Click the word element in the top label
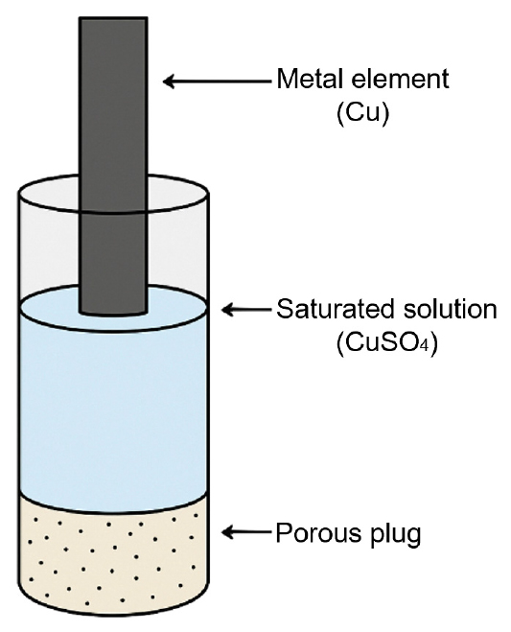click(400, 79)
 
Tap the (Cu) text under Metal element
click(362, 114)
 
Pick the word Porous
click(318, 533)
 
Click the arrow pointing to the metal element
click(217, 82)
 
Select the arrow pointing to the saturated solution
click(246, 310)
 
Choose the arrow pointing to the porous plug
click(246, 532)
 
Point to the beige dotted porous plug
click(113, 560)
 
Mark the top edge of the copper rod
click(113, 17)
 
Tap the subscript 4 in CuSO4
click(425, 346)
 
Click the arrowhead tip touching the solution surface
click(222, 310)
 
